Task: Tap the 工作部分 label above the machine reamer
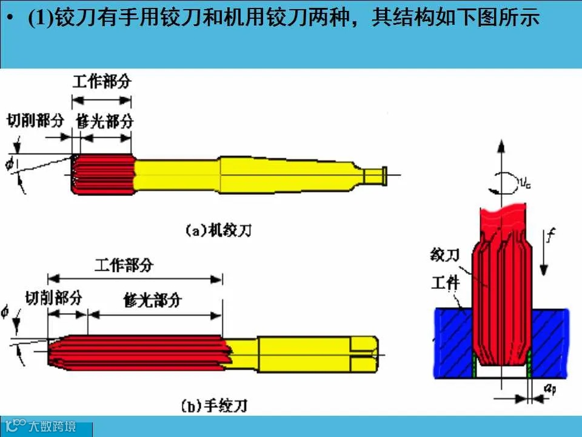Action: pyautogui.click(x=102, y=82)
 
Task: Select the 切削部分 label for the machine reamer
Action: pyautogui.click(x=35, y=120)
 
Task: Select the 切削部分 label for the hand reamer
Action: pyautogui.click(x=53, y=297)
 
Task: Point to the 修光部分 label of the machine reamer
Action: pyautogui.click(x=104, y=121)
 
